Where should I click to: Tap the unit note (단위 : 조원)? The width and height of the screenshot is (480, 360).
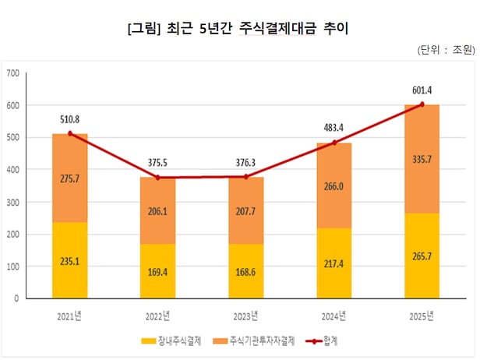point(446,51)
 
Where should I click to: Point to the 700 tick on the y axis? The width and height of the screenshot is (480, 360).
point(12,73)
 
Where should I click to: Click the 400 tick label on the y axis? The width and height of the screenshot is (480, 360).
point(12,169)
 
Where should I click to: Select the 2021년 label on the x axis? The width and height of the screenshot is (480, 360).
point(69,316)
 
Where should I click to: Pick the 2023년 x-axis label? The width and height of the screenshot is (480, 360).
point(245,316)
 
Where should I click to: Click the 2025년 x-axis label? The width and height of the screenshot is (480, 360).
point(422,316)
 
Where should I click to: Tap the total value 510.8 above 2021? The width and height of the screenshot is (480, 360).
point(69,119)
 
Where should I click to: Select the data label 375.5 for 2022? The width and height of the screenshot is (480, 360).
point(158,163)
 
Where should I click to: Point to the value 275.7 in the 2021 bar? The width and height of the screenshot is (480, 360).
point(69,179)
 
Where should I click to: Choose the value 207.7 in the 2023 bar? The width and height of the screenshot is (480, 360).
point(245,211)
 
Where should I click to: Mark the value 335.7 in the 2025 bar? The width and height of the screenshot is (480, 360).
point(422,160)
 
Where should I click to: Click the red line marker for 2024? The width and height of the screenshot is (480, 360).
point(334,143)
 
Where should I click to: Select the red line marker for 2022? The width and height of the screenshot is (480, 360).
point(158,178)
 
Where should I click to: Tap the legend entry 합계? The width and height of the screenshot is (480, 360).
point(334,341)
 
